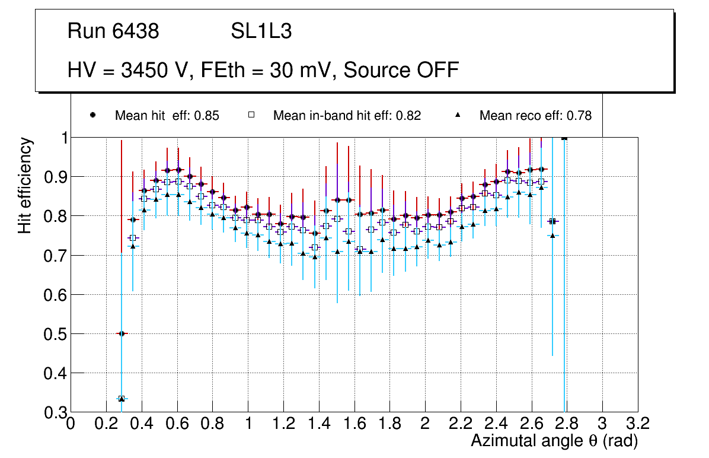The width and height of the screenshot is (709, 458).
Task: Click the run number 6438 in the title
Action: point(136,31)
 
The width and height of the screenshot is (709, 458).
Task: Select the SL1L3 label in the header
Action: point(261,31)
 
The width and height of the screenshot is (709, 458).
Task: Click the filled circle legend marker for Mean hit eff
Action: point(92,115)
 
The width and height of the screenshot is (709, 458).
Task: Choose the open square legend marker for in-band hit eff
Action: point(251,115)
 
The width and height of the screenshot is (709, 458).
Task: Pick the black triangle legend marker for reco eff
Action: point(457,115)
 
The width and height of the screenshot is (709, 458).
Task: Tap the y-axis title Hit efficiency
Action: point(25,185)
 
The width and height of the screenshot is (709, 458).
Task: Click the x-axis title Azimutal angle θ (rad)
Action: point(554,441)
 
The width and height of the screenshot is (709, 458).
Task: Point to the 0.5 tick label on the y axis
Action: point(53,334)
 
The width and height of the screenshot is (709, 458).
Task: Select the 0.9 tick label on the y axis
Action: point(53,177)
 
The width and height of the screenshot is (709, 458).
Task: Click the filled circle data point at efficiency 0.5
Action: point(122,333)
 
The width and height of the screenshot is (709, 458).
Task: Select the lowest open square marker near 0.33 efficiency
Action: point(122,399)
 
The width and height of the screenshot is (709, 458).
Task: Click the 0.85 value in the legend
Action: point(207,116)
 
